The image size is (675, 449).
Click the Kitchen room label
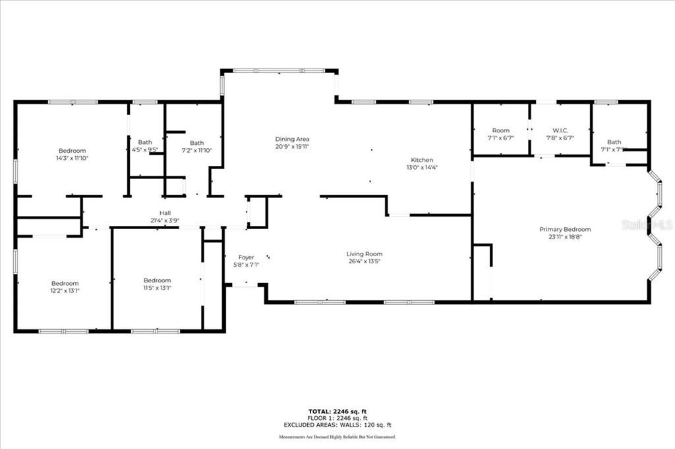tap(422, 160)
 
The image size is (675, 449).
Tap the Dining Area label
tap(292, 139)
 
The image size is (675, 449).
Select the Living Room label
tap(365, 254)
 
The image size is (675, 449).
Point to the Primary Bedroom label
tap(565, 229)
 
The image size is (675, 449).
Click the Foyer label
tap(246, 257)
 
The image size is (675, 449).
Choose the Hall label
tap(165, 213)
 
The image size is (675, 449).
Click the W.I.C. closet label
tap(560, 130)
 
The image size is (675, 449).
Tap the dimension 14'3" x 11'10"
tap(72, 158)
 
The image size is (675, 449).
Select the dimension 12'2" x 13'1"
tap(65, 290)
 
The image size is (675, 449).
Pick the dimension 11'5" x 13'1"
tap(157, 288)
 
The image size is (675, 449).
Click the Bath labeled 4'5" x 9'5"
tap(144, 142)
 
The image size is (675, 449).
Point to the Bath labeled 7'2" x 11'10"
tap(196, 143)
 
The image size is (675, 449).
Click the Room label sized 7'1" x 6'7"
tap(500, 130)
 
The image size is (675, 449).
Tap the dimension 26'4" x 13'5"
tap(365, 261)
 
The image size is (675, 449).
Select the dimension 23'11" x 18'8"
tap(565, 237)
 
